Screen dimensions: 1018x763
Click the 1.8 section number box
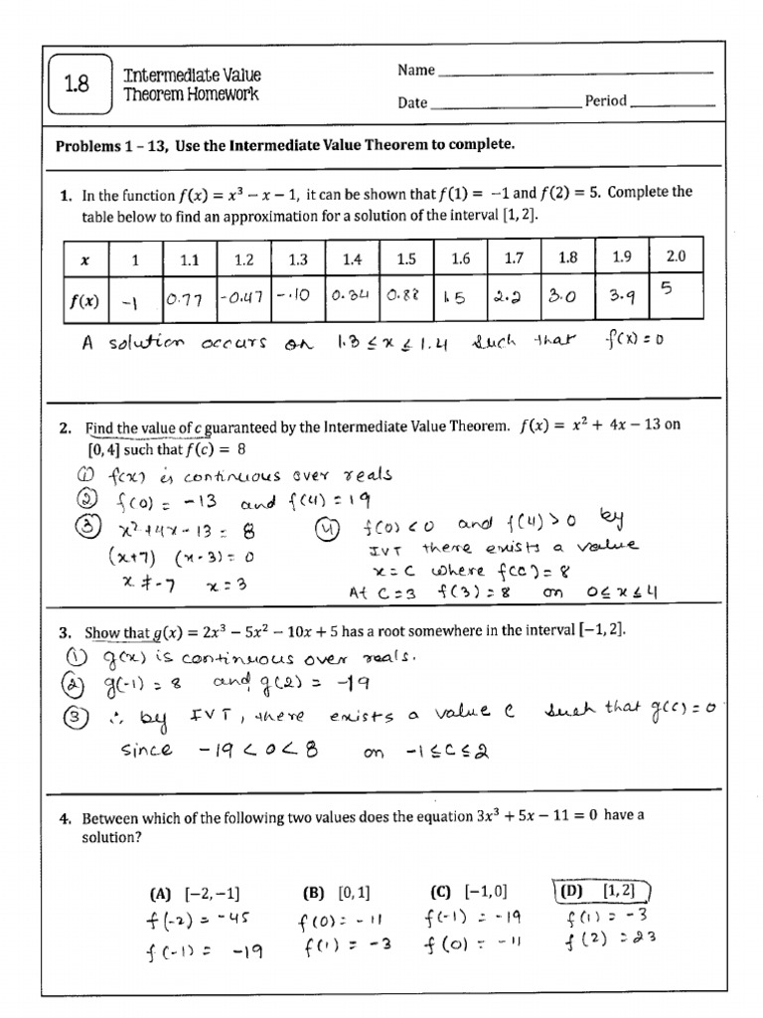tap(77, 85)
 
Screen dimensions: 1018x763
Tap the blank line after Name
tap(575, 72)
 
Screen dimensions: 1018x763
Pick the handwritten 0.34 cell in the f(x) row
tap(351, 296)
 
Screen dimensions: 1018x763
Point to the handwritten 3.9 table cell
tap(621, 295)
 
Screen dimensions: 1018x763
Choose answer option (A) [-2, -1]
tap(195, 892)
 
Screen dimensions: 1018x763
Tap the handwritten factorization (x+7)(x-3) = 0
tap(181, 557)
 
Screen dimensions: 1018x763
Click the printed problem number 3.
tap(64, 632)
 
